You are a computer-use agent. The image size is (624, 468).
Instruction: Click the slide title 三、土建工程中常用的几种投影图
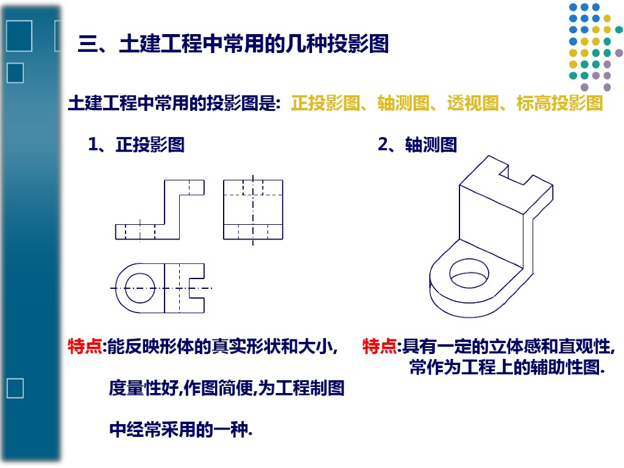233,43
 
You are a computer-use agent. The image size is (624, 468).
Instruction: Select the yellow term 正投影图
325,103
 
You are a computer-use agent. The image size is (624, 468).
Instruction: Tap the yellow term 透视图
473,103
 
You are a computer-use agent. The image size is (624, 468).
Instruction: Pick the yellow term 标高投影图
559,103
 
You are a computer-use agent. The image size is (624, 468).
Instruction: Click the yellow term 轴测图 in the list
403,103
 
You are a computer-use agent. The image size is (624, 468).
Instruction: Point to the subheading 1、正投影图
136,144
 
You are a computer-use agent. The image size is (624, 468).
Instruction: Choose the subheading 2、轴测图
417,144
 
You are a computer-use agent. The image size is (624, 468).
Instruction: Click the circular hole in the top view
140,288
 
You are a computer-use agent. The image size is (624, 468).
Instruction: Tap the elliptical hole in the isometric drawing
469,273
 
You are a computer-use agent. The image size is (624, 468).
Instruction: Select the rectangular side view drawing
253,210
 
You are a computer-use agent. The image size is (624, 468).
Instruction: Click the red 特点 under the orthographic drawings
85,346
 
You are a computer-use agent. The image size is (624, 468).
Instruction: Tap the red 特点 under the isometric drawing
380,346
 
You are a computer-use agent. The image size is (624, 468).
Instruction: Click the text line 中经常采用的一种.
180,430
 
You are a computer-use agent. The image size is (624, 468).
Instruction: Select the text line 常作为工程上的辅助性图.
508,367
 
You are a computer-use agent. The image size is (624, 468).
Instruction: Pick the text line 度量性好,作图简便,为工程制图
227,388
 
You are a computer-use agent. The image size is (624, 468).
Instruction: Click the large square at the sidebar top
19,36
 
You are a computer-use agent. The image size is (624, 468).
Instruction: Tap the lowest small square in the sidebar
15,388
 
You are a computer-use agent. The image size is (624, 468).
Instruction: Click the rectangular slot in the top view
196,288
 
